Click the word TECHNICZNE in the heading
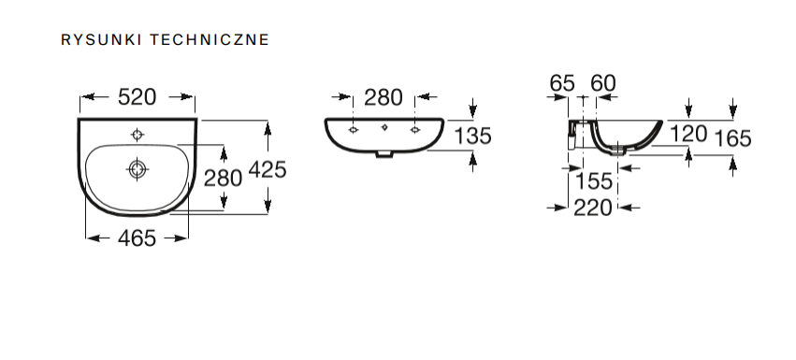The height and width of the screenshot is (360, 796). point(210,39)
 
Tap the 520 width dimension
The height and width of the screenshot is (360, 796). point(137,97)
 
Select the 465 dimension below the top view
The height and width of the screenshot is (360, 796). point(137,238)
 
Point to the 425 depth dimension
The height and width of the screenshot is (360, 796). point(268,169)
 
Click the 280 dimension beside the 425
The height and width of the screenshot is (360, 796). point(223,178)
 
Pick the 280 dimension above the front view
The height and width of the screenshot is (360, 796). point(384,97)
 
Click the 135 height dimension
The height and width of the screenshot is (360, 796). point(472,136)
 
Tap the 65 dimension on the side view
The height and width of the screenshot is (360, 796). point(562,83)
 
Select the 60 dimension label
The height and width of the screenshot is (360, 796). point(603,83)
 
